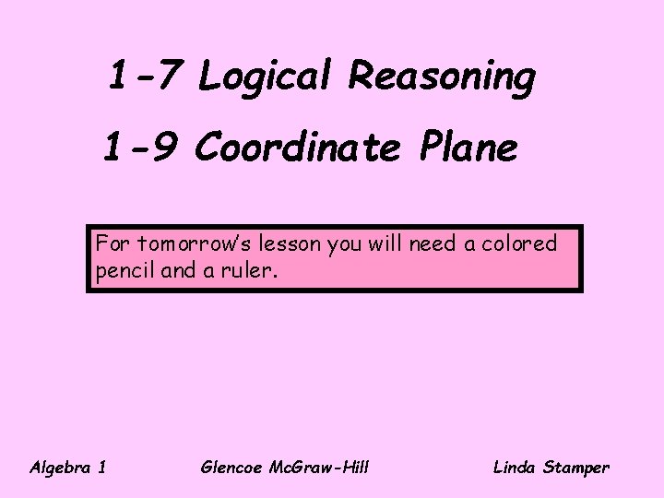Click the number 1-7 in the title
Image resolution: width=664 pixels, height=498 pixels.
pos(143,76)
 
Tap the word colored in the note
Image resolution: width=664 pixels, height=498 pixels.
pos(521,244)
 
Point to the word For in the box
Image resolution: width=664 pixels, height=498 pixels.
pos(113,244)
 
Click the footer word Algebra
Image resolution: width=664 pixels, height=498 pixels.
pos(59,468)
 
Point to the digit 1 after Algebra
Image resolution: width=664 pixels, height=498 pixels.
pos(101,468)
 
